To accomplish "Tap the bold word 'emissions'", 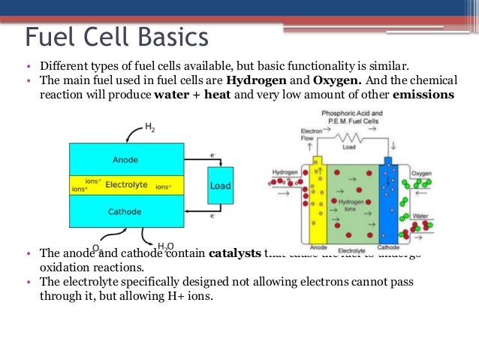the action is click(423, 95).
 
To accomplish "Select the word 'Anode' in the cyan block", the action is click(125, 159).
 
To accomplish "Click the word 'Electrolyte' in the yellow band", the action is click(127, 183).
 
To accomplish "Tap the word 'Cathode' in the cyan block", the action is click(125, 211).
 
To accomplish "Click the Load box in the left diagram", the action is click(220, 185).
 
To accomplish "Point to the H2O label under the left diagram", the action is click(165, 247).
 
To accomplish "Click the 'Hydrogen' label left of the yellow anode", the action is click(285, 172).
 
